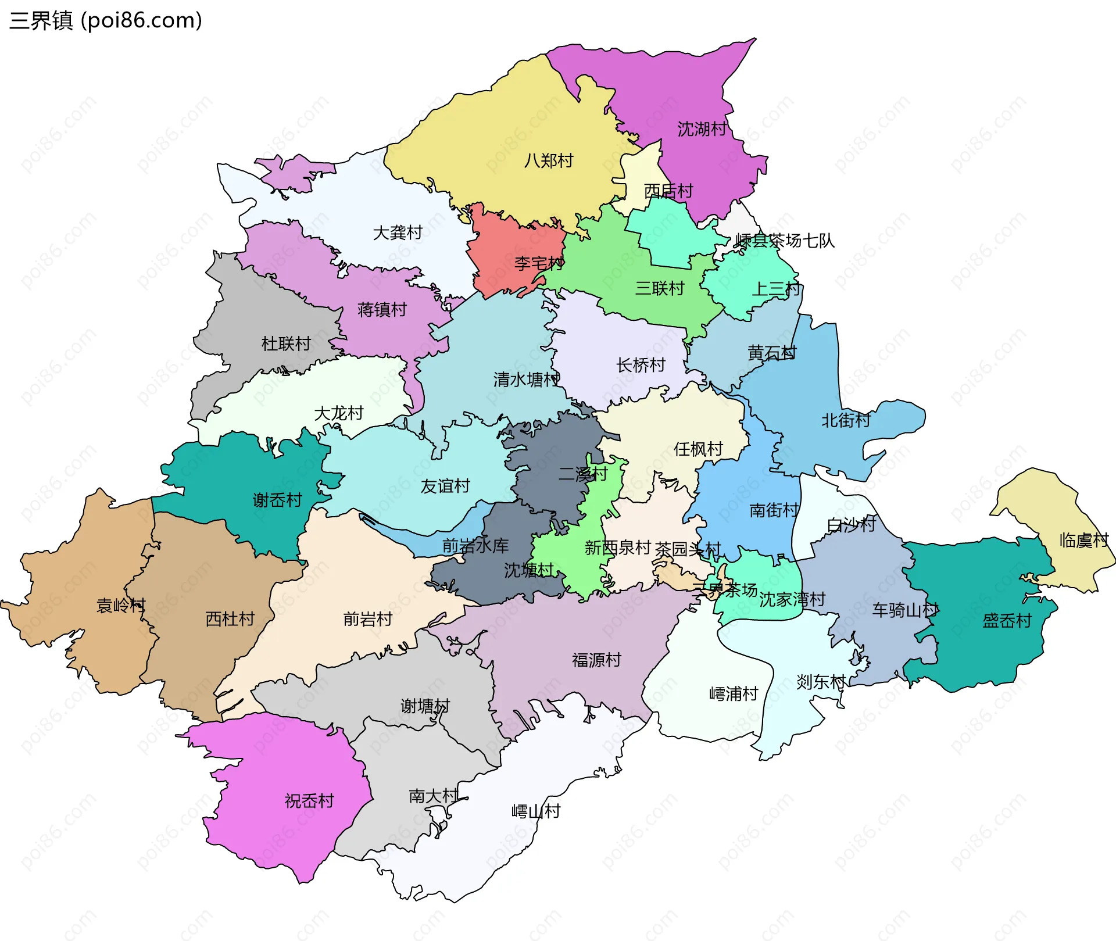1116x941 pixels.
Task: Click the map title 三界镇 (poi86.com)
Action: pos(106,20)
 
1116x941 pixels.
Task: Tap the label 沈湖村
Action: pos(702,129)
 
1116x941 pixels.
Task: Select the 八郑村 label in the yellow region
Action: pos(548,160)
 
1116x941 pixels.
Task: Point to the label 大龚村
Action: pos(397,233)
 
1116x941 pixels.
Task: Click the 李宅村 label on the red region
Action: pos(539,264)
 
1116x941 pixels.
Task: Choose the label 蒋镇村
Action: pos(382,310)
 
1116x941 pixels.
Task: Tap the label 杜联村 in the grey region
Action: pos(286,344)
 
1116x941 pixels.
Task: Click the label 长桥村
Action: pos(641,366)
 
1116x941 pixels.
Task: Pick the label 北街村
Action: pos(846,420)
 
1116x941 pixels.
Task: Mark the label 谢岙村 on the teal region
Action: pos(277,500)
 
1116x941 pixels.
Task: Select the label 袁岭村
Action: pos(120,606)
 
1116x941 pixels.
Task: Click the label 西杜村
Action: pos(230,619)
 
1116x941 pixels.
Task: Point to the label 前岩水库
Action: pos(475,546)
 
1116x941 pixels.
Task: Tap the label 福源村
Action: pos(596,660)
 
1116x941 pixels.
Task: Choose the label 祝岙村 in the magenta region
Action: pos(309,802)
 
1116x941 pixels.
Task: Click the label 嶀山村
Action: pos(535,811)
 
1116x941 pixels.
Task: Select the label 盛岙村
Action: pos(1007,621)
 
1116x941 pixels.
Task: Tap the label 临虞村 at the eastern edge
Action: pos(1083,541)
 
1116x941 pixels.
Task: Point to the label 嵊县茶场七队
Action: pos(785,241)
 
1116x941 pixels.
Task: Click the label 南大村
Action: pos(434,796)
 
